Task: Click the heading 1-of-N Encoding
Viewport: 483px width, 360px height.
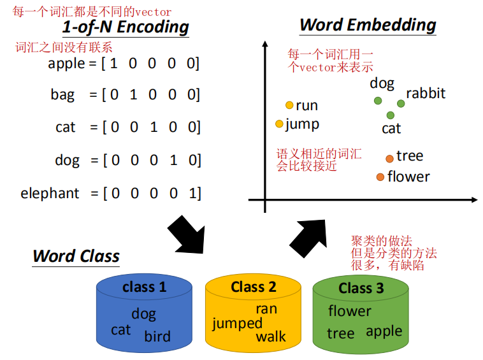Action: (126, 27)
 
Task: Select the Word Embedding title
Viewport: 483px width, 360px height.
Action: (368, 25)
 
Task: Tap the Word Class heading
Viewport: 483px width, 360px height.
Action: (76, 256)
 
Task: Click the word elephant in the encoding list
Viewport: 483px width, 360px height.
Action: (50, 193)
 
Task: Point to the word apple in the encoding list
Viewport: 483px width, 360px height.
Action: (66, 63)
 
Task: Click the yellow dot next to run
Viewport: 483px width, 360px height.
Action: (289, 105)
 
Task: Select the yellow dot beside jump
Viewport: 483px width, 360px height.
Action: (279, 124)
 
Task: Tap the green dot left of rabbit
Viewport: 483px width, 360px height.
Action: (401, 103)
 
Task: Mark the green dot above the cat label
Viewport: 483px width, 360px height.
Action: (391, 115)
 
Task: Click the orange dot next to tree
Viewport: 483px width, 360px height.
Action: (389, 158)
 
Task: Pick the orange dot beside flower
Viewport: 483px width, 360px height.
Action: (380, 176)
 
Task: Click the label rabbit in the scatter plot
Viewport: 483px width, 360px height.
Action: (426, 94)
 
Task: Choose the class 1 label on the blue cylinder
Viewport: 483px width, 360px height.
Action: (144, 287)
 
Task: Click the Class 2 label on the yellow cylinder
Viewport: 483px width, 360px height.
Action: (254, 287)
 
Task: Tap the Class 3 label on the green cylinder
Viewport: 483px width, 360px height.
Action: (361, 288)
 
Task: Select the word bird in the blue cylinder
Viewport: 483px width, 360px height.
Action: (157, 336)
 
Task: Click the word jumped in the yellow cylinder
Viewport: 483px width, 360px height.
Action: (237, 324)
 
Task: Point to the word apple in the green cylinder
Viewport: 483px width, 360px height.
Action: (384, 331)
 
